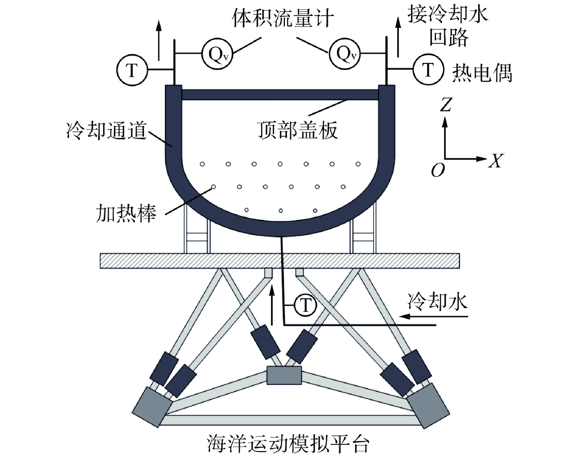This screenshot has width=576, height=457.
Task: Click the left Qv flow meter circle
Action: coord(217,54)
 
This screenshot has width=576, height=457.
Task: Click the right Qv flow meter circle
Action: coord(345,54)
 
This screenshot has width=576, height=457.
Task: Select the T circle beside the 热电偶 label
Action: coord(428,69)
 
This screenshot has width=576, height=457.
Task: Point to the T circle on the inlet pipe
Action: coord(305,305)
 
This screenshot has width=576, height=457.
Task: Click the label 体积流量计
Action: coord(283,18)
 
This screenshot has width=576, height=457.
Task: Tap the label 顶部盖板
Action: coord(297,130)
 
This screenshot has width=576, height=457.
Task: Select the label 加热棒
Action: coord(126,213)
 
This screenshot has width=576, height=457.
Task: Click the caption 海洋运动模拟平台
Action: coord(288,444)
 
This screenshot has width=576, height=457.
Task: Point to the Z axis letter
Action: coord(446,105)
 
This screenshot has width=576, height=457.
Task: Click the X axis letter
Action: coord(496,161)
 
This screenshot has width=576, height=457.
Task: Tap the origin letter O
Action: coord(438,171)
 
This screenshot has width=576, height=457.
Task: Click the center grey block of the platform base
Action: coord(284,375)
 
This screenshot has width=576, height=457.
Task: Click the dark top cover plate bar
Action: coord(280,95)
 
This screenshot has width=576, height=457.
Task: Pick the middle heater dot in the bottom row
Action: coord(281,211)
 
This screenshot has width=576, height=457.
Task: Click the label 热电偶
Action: coord(482,73)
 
